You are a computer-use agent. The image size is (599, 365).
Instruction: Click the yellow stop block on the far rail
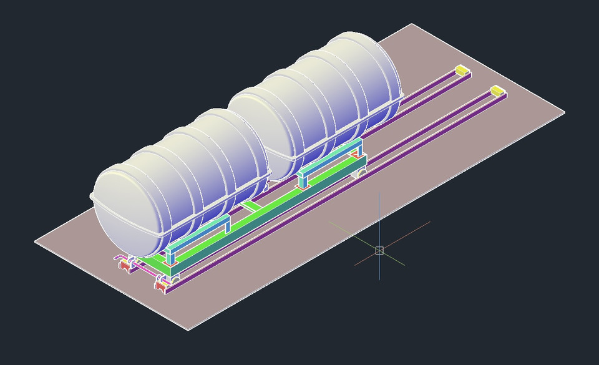coord(462,70)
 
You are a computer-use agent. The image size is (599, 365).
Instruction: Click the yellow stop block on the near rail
coord(497,91)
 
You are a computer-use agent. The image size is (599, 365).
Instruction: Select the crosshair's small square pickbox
coord(379,250)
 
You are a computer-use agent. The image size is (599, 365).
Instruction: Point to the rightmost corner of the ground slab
coord(564,112)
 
